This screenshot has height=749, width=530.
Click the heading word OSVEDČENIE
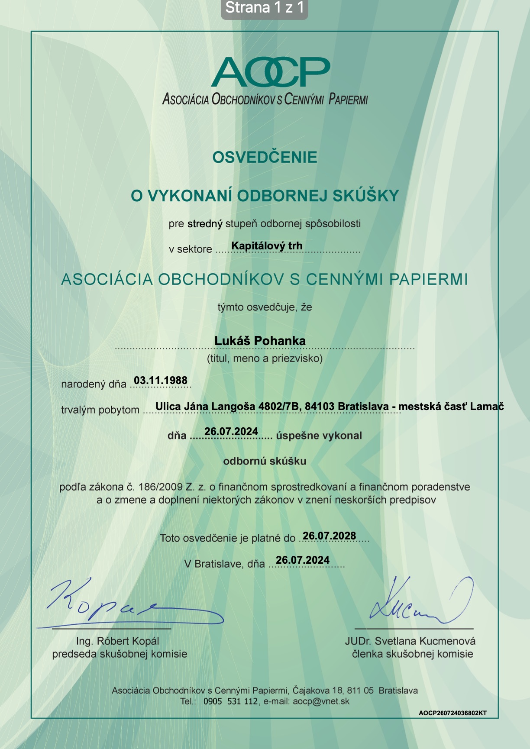click(265, 157)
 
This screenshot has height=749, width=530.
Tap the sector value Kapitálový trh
click(267, 246)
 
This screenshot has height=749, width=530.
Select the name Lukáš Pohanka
click(260, 341)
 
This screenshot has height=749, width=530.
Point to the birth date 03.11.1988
click(161, 381)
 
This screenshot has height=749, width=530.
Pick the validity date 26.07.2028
click(329, 536)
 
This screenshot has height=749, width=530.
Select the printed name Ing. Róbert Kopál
click(117, 641)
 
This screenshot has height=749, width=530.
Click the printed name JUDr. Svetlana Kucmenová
click(410, 641)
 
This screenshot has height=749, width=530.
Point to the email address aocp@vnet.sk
click(321, 701)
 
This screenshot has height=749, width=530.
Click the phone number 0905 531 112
click(230, 701)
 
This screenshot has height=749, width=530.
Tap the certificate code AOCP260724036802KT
click(452, 713)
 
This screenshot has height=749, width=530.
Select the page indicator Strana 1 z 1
click(265, 8)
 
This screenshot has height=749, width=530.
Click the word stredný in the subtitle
click(205, 224)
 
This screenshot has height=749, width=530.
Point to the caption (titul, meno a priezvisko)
click(265, 358)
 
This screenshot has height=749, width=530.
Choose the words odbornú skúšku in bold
click(265, 462)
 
